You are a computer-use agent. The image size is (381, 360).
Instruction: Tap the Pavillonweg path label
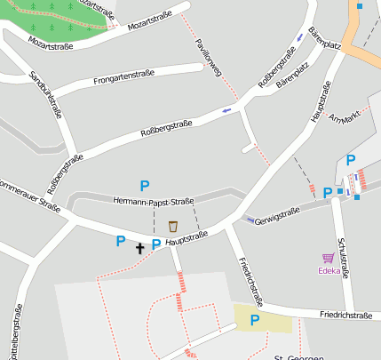209,60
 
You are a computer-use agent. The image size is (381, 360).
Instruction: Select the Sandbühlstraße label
46,95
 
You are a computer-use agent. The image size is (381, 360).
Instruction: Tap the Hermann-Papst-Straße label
154,201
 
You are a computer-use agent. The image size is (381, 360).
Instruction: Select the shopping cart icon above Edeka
328,258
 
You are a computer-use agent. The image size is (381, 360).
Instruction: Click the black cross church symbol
139,248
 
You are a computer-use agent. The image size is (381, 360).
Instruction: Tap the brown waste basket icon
172,226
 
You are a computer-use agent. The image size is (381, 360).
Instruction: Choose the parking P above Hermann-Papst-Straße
144,185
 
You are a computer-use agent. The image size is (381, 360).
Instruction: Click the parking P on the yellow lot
255,320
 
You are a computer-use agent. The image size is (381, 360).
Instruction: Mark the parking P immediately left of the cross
121,240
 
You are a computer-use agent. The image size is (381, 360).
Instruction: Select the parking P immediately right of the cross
156,244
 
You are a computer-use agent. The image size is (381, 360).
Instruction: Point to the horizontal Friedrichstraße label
345,315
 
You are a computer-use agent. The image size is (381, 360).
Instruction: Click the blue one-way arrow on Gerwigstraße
250,219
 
